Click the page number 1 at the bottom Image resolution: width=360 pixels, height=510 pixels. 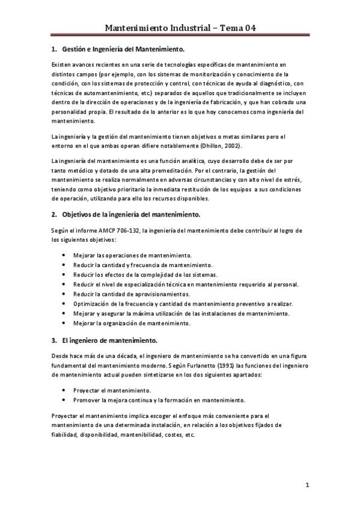(x=307, y=485)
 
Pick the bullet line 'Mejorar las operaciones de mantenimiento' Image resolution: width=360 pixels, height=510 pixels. (x=132, y=256)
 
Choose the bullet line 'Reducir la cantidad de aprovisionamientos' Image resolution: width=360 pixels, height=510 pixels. (x=131, y=294)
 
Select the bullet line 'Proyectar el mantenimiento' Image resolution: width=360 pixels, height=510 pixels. (x=112, y=390)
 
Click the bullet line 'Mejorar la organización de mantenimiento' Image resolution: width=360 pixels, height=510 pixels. (x=131, y=323)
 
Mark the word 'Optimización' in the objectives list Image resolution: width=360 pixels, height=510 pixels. (x=92, y=304)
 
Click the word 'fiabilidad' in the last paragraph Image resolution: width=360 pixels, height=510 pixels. (x=67, y=435)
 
